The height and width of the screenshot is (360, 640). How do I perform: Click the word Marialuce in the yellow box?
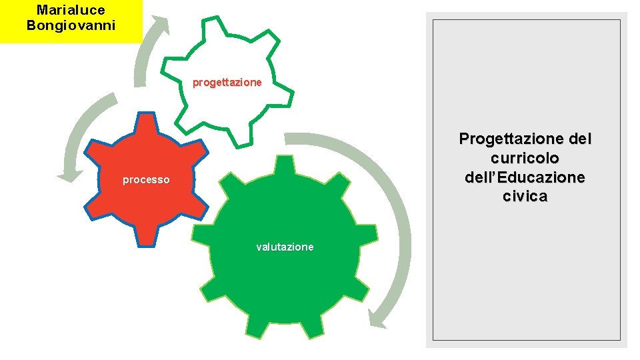(71, 10)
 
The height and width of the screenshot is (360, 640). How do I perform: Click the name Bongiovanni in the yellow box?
(71, 25)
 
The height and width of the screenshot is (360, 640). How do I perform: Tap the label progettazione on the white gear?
(227, 83)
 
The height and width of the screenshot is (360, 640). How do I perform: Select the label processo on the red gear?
(146, 180)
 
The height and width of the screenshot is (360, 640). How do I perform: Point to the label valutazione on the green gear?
(285, 247)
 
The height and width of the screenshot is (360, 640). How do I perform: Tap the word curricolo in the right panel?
(525, 159)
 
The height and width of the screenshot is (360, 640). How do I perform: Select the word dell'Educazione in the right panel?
(525, 177)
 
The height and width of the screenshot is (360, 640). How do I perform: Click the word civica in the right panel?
(525, 197)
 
